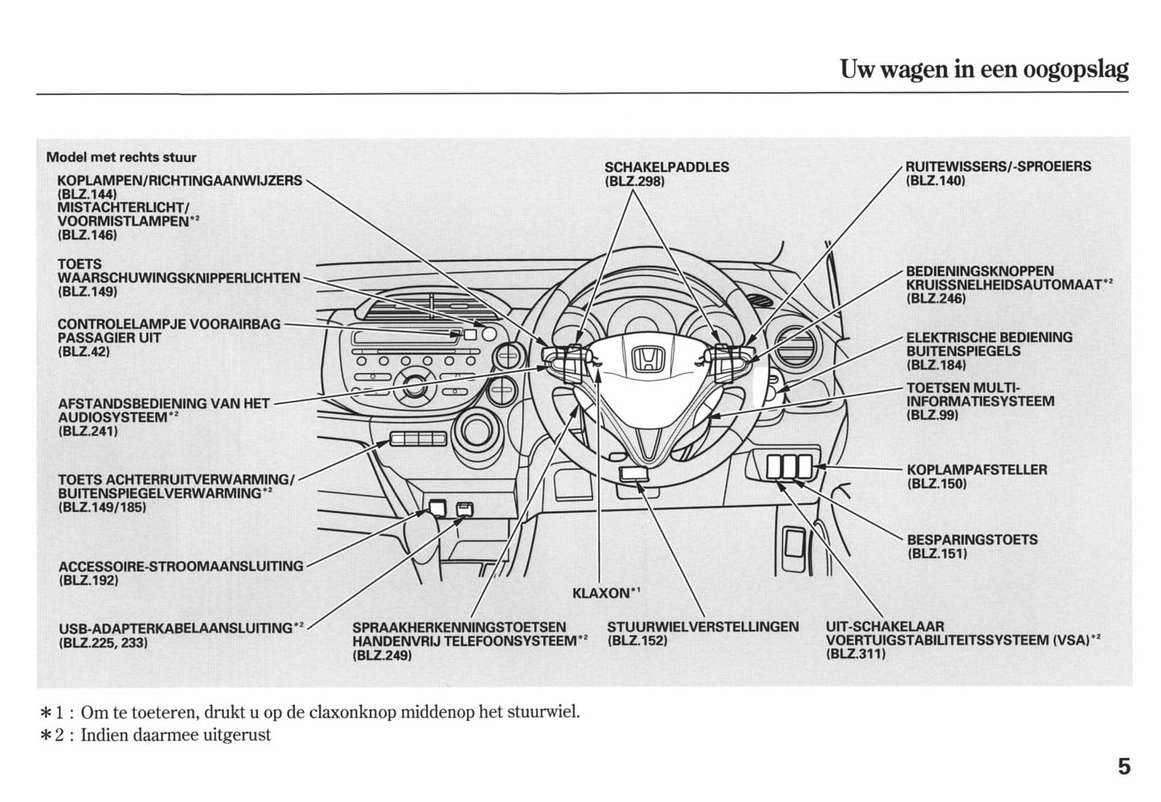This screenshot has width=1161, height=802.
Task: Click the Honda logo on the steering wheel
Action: pos(645,359)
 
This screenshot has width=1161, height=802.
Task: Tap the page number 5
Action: pos(1122,767)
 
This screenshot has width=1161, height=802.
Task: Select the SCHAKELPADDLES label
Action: pos(666,167)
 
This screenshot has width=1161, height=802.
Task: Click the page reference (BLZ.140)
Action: pos(935,181)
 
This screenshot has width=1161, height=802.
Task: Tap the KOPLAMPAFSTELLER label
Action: pos(976,469)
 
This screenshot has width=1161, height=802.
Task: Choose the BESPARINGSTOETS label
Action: pos(971,539)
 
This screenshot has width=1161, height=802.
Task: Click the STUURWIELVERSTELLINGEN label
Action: pos(703,627)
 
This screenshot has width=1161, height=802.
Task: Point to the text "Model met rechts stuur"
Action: pos(121,158)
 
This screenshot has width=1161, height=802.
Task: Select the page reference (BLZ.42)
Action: pos(84,352)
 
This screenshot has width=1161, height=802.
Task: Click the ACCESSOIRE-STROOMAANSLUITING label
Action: pos(181,566)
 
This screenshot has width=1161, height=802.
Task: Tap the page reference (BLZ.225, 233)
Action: pos(103,643)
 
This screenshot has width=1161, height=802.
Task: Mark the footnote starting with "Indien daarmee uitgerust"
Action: pos(175,734)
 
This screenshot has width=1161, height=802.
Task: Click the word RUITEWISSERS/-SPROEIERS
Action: pos(998,167)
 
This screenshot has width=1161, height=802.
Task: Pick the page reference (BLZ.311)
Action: pos(856,653)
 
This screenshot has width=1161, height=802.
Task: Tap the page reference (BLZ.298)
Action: pos(634,181)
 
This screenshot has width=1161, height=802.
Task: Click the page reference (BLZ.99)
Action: pos(932,415)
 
